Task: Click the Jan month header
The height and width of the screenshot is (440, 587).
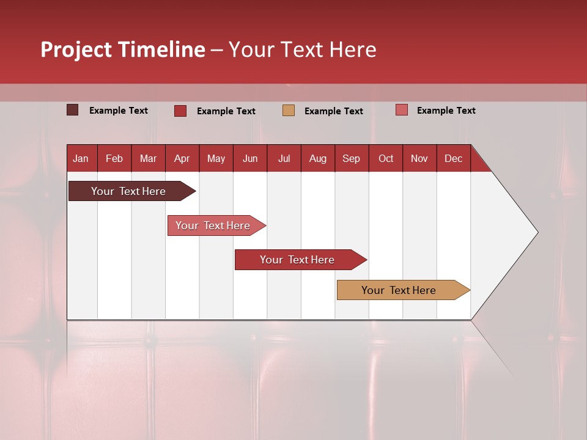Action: click(81, 158)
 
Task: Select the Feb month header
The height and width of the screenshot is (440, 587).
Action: click(114, 158)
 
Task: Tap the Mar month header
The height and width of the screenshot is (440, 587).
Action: click(148, 158)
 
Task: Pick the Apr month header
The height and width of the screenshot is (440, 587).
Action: click(182, 158)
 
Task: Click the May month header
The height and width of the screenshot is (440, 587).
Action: click(216, 158)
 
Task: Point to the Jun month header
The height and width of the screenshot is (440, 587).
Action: click(250, 158)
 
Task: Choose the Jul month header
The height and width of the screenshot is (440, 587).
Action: click(284, 158)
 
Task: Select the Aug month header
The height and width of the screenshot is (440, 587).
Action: click(318, 158)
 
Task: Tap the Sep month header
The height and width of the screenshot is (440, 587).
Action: click(352, 158)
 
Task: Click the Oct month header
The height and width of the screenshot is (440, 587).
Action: click(386, 158)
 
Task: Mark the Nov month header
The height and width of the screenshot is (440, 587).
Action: click(419, 158)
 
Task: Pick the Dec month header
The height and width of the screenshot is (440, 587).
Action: click(454, 158)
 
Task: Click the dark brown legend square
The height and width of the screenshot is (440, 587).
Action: click(73, 110)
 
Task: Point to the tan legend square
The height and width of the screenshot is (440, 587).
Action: click(289, 110)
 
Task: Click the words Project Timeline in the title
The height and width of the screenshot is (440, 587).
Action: click(123, 50)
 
